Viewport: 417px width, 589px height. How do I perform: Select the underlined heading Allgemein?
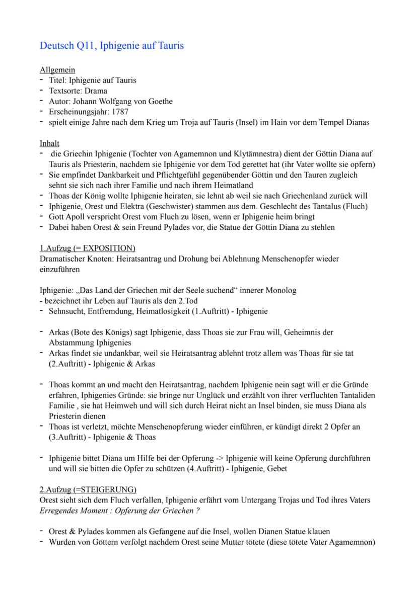[x=57, y=70]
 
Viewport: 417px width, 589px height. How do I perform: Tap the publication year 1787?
[x=121, y=112]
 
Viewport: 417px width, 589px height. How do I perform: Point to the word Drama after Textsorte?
[x=96, y=91]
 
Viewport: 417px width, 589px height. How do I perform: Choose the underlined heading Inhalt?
[x=49, y=143]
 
